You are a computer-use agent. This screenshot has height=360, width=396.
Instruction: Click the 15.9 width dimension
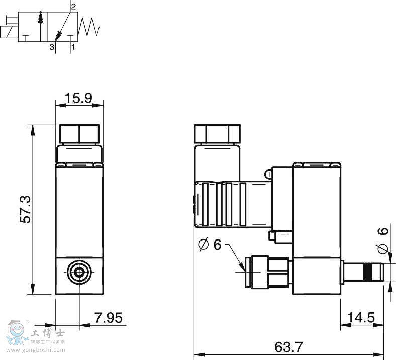(x=78, y=98)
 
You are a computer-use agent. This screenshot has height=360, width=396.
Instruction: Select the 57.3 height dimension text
(x=26, y=209)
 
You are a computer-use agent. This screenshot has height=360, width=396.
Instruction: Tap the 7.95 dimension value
(x=109, y=318)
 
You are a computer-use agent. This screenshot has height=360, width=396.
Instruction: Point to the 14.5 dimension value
(x=361, y=318)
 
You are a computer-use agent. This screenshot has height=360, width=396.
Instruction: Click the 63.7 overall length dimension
(x=288, y=347)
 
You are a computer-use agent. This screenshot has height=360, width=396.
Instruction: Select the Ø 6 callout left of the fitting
(x=210, y=244)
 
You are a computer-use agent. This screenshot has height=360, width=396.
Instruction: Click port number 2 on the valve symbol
(x=73, y=7)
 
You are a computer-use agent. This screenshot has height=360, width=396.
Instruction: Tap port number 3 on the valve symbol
(x=52, y=47)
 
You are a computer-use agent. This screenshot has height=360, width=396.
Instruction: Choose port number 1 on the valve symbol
(x=73, y=47)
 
